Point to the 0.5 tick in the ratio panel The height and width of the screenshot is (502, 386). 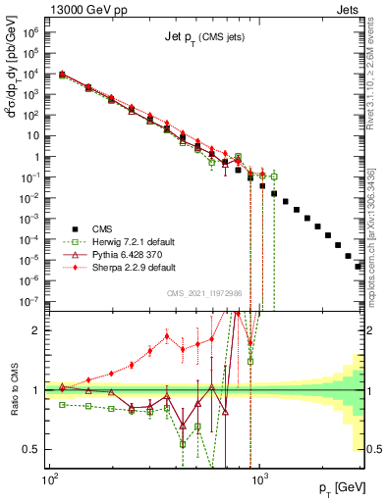[31, 449]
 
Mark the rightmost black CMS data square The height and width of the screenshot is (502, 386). [358, 266]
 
